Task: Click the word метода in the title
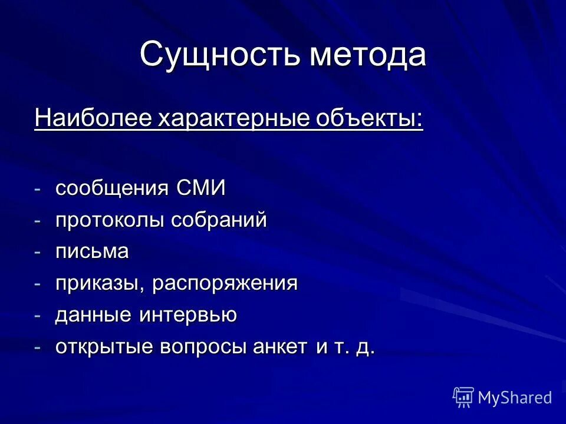[368, 55]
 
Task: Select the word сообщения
[113, 189]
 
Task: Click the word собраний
[219, 221]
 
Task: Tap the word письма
[92, 252]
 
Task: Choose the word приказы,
[101, 284]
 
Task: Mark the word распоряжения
[225, 284]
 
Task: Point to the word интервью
[188, 316]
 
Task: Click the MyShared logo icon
[463, 397]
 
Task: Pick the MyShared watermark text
[515, 398]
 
